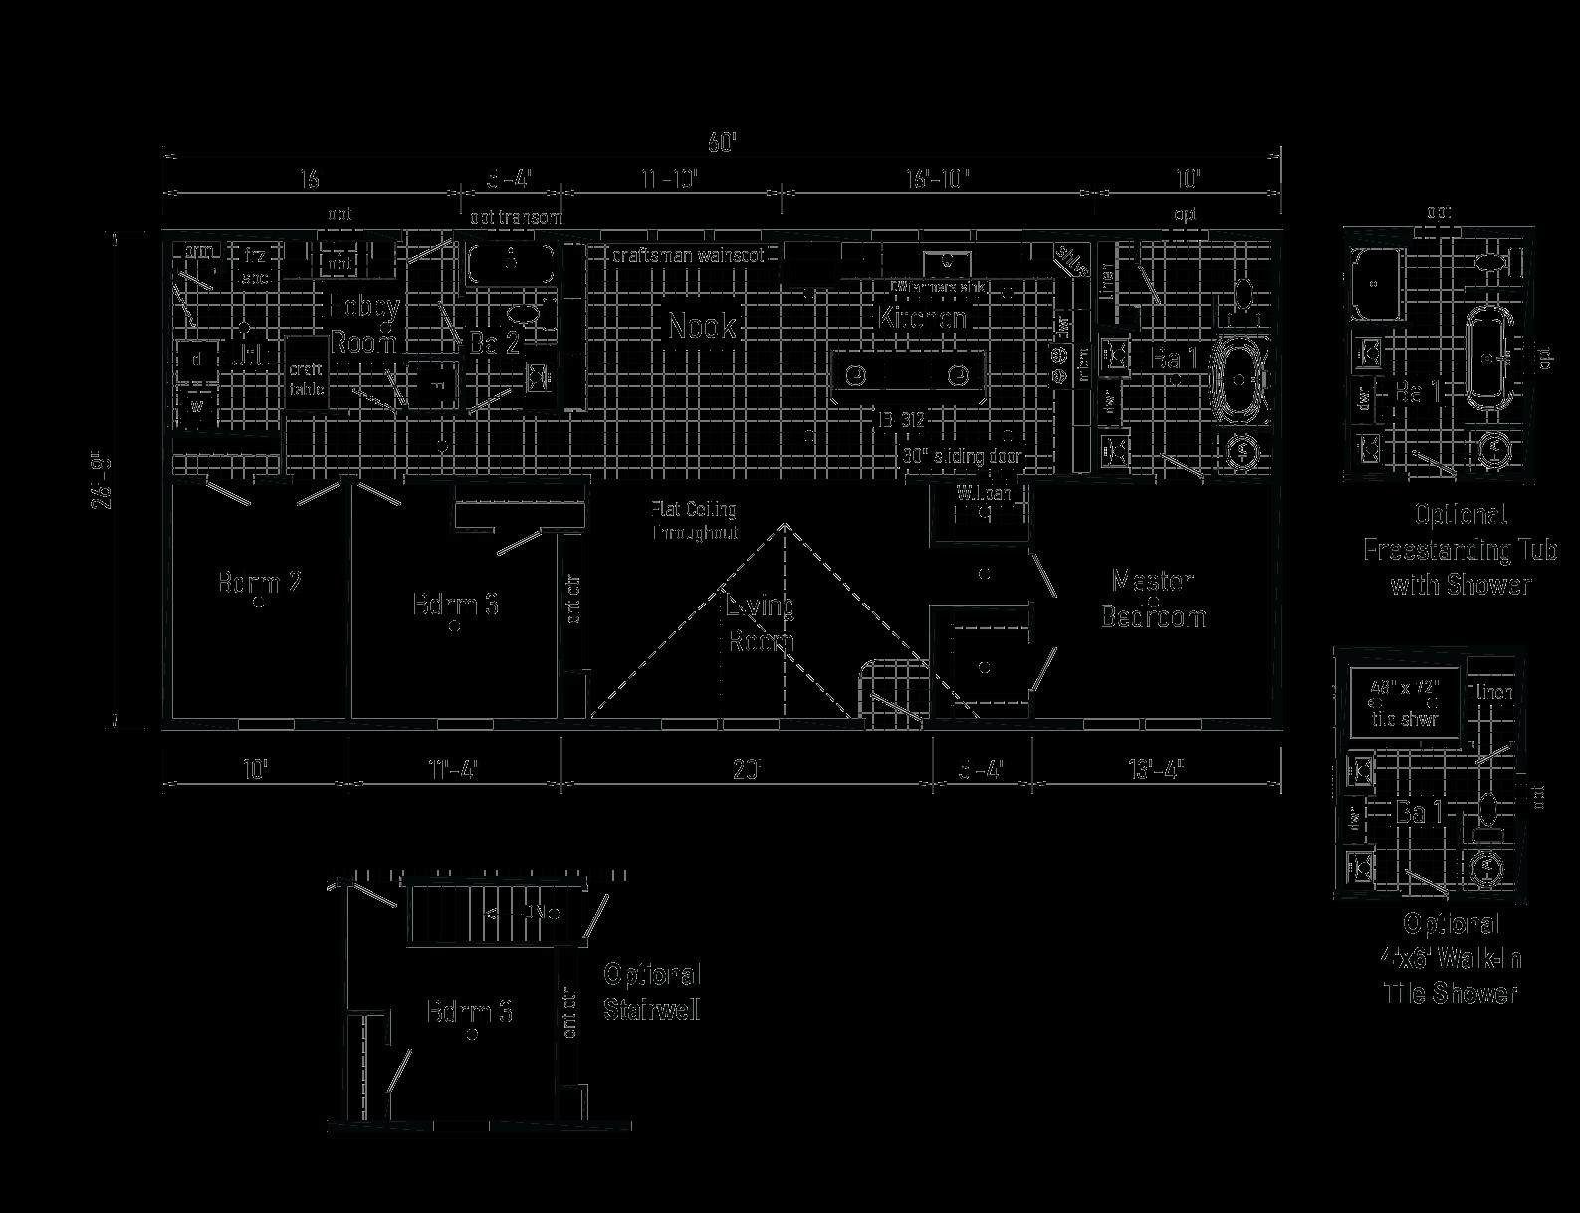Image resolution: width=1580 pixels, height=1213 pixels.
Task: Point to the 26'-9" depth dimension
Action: (102, 482)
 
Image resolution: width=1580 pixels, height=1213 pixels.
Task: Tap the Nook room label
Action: (702, 326)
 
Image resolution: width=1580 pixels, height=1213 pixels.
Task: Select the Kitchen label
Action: (921, 318)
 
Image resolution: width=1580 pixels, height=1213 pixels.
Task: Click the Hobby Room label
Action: (364, 324)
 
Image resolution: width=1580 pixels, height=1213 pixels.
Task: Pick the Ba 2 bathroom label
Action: (495, 344)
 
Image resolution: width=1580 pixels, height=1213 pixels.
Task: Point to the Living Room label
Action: (761, 622)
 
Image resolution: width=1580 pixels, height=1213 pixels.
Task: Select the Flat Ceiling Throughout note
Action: (694, 521)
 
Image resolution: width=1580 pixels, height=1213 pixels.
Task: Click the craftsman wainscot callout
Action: (688, 255)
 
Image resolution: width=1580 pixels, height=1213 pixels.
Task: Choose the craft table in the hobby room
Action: (307, 379)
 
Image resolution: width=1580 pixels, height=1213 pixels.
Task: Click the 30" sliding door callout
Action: (963, 457)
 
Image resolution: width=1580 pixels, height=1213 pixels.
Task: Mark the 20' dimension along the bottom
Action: (747, 769)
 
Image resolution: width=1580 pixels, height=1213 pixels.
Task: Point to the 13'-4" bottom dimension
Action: (1155, 769)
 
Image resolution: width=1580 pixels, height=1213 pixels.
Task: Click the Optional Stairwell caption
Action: (652, 992)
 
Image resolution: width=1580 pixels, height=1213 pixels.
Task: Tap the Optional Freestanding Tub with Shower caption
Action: (1460, 549)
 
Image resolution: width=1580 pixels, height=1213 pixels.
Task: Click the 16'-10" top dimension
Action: (937, 179)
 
